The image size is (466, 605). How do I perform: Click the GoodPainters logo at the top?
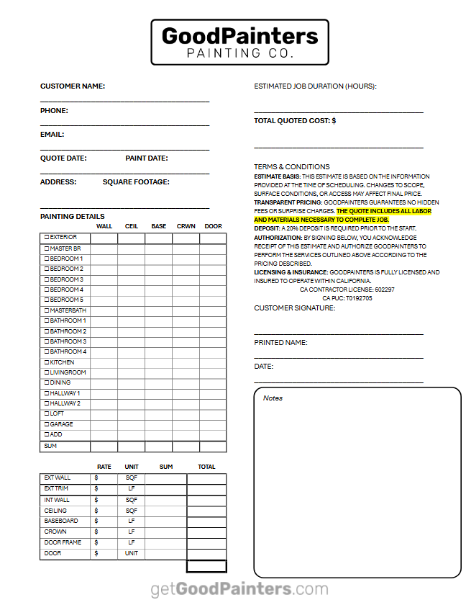pos(239,42)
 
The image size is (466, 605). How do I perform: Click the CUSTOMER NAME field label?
pos(73,86)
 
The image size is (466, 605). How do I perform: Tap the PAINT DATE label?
pos(147,158)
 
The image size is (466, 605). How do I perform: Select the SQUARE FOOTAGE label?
pos(136,182)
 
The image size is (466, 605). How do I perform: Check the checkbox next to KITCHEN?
pos(47,362)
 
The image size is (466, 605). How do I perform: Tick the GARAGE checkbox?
pos(47,424)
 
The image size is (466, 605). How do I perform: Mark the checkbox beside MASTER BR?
pos(47,248)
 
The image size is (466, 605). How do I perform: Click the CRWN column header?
pos(186,226)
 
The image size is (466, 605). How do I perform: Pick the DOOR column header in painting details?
pos(213,226)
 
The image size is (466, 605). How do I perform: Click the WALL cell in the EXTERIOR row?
pos(104,238)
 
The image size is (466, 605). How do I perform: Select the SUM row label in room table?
pos(50,447)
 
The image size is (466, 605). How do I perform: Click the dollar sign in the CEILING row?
pos(96,511)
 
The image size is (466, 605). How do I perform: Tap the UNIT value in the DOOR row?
pos(132,554)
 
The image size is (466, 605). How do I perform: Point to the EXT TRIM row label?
pos(58,489)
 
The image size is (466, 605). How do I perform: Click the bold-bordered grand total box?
pos(206,566)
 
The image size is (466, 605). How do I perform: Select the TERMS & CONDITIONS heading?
pos(292,166)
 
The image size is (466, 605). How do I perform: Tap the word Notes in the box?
pos(273,398)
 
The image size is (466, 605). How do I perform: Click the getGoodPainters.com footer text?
pos(239,588)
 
